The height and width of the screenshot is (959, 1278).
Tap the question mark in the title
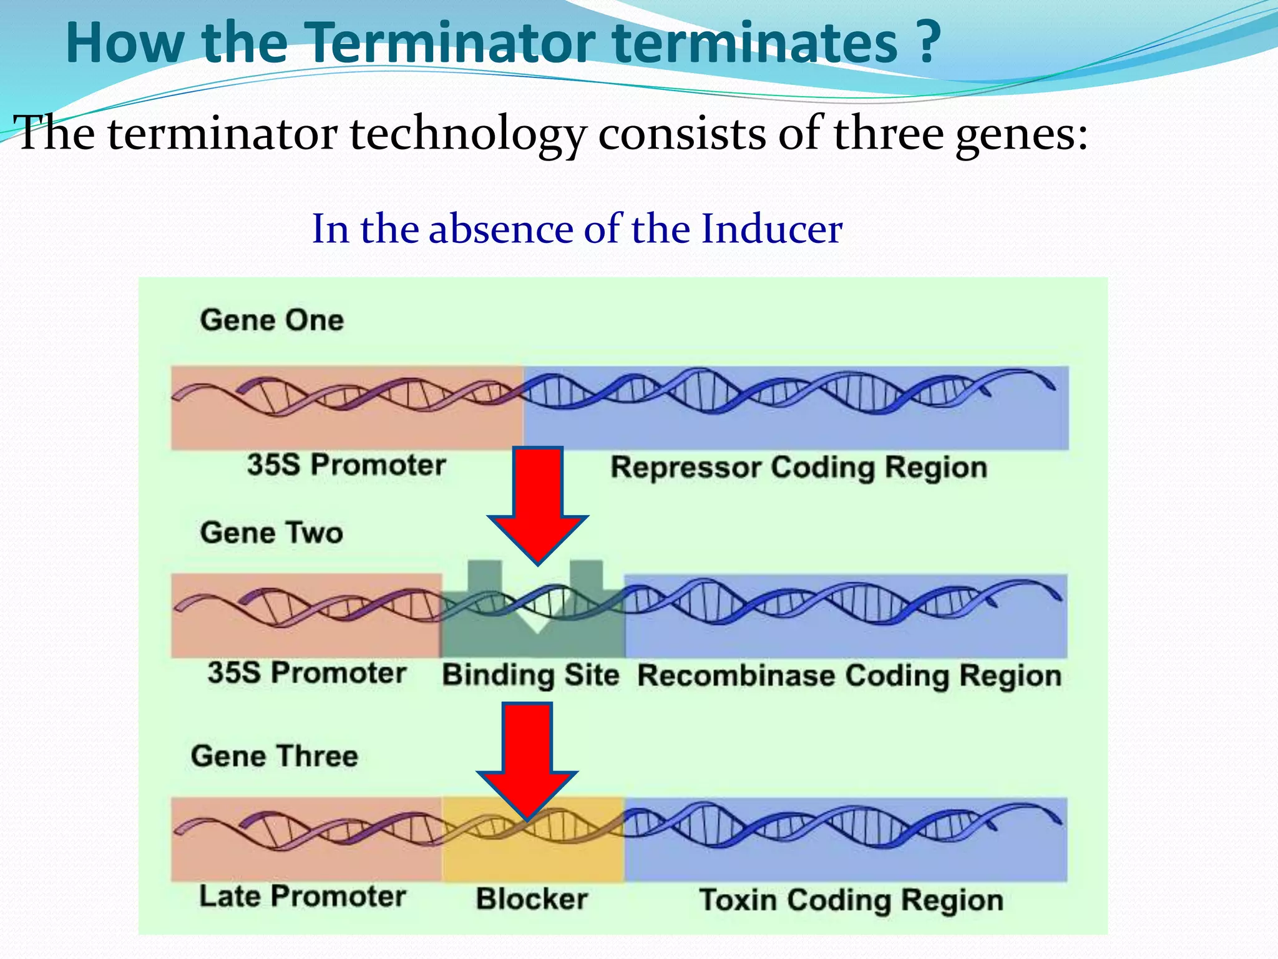(929, 42)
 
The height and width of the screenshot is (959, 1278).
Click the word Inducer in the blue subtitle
(771, 229)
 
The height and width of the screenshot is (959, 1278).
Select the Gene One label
(271, 320)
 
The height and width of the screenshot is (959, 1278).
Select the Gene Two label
(271, 533)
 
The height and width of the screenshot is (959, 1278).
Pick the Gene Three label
(275, 756)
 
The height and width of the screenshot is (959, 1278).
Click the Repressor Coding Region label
(799, 468)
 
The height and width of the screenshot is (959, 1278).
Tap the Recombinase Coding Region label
(849, 676)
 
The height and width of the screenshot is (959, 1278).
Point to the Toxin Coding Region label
(851, 900)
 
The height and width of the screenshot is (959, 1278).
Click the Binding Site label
(530, 676)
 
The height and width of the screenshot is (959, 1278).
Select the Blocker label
(532, 899)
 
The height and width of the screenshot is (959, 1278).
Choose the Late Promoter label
(303, 897)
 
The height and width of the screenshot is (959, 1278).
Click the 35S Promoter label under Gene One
(346, 465)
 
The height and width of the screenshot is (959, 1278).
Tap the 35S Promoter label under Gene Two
(307, 673)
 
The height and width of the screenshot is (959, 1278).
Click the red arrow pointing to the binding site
(538, 499)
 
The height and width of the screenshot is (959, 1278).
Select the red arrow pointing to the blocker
(527, 755)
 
